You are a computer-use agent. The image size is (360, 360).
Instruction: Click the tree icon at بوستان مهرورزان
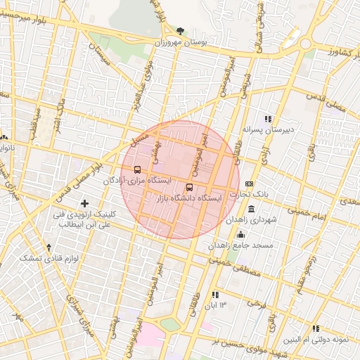click(181, 31)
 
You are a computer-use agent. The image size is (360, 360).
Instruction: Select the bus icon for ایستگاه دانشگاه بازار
click(189, 187)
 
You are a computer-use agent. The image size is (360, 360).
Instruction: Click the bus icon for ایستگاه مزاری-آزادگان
click(136, 169)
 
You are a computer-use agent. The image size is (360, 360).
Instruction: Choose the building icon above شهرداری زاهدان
click(252, 210)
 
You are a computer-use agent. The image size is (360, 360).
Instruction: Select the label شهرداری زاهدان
click(252, 220)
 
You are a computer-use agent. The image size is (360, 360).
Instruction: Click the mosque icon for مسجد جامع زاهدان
click(241, 235)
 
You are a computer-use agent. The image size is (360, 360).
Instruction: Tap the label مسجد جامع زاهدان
click(235, 246)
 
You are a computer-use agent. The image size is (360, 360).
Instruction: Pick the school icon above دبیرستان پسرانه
click(267, 118)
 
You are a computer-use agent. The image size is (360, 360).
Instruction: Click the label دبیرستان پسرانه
click(267, 129)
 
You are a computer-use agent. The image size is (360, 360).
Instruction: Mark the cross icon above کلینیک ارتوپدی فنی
click(85, 203)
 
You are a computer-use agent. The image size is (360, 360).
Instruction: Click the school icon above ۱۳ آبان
click(214, 294)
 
